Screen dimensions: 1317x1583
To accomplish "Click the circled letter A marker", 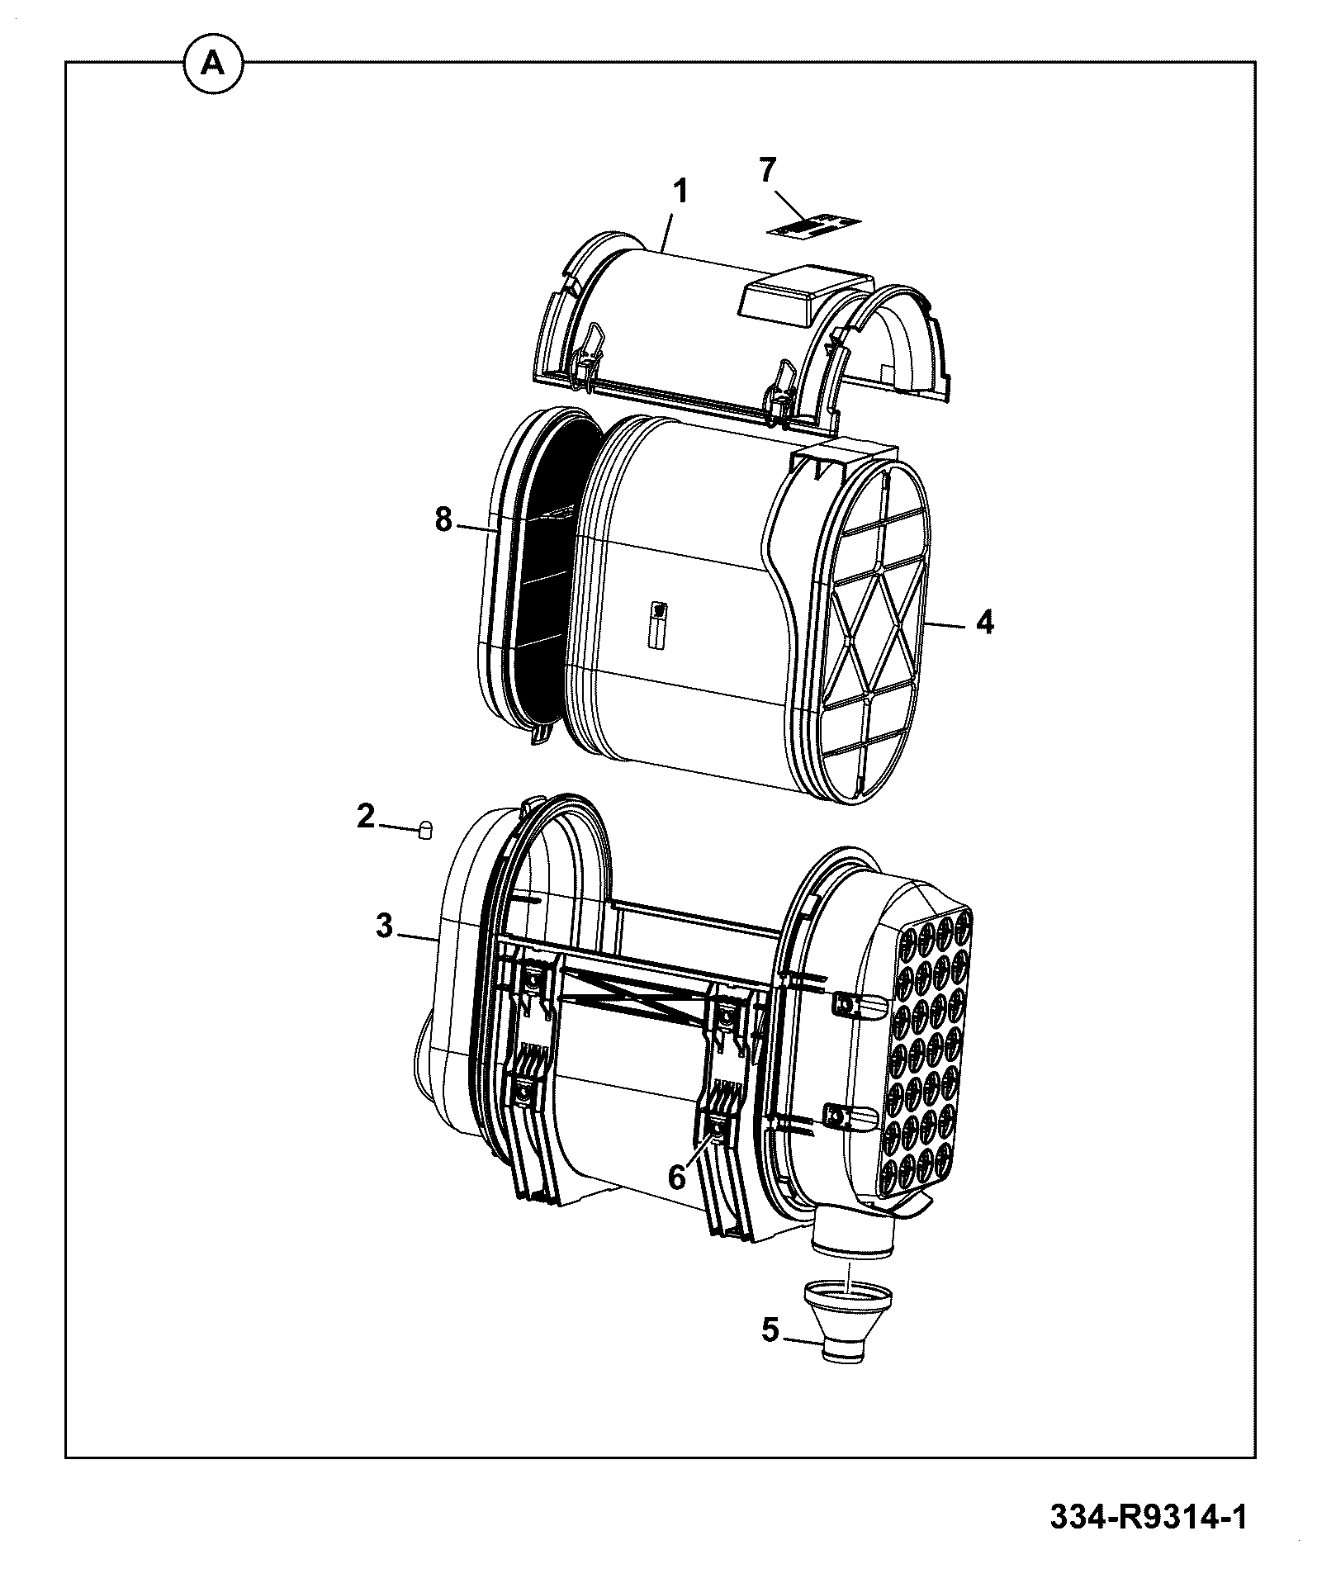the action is coord(213,63).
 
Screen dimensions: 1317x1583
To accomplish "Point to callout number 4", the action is coord(984,622).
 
